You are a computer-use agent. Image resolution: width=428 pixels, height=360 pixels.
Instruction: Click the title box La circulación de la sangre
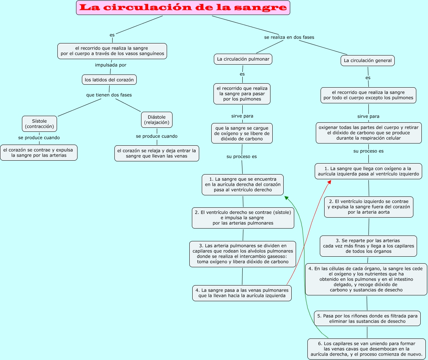coord(183,8)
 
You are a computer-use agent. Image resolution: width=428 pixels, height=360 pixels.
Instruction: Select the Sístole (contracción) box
coord(39,124)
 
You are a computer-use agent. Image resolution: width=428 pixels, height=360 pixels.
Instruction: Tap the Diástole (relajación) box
coord(157,120)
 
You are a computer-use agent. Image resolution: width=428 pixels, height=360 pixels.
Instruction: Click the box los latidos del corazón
coord(109,80)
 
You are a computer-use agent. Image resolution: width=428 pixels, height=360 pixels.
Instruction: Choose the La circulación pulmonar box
coord(243,59)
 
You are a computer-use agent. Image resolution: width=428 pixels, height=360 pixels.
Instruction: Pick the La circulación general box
coord(368,61)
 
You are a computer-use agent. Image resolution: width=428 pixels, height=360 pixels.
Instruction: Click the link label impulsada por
coord(111,65)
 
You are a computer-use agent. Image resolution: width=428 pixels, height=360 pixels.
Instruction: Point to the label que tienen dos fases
coord(109,95)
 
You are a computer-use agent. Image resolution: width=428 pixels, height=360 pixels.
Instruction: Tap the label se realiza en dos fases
coord(289,37)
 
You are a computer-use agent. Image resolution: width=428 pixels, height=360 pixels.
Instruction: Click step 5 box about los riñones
coord(367,318)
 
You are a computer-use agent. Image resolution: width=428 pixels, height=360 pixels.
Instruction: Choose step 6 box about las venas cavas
coord(367,349)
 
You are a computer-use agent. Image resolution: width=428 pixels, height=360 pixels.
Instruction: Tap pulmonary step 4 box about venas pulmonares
coord(242,293)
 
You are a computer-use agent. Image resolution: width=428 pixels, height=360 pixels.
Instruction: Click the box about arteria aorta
coord(368,207)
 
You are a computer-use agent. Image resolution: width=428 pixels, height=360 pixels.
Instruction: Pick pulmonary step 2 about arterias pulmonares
coord(243,218)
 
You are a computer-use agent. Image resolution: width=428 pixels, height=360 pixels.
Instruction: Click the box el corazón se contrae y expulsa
coord(39,153)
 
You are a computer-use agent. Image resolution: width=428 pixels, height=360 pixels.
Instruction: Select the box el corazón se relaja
coord(157,153)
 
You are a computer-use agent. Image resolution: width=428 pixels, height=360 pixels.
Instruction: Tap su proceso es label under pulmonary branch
coord(242,157)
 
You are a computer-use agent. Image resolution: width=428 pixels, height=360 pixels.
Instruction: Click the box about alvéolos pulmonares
coord(243,254)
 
